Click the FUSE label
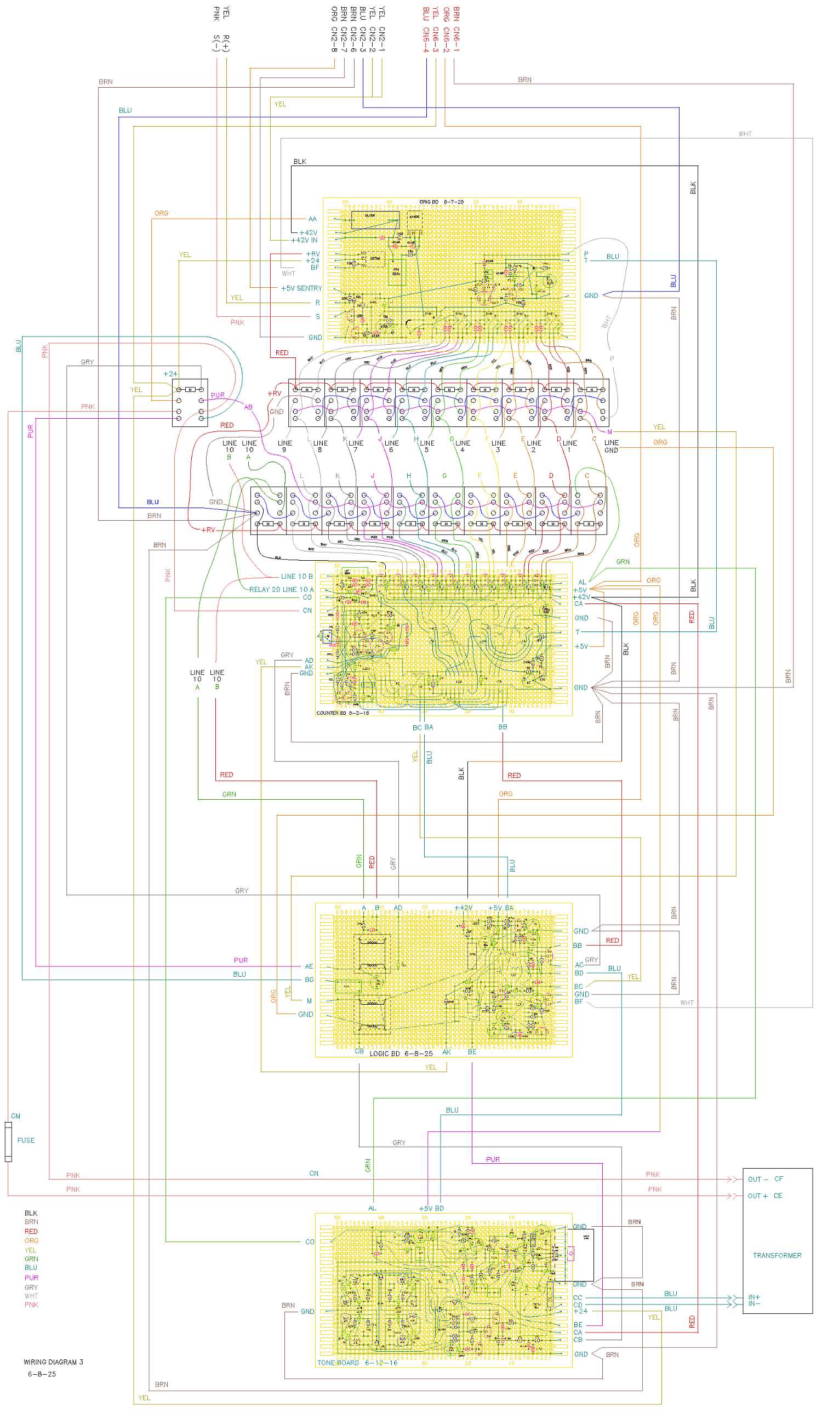click(x=26, y=1140)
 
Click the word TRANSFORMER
click(x=777, y=1255)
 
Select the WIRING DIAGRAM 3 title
click(x=53, y=1362)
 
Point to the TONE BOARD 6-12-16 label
click(x=357, y=1363)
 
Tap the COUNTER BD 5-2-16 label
click(x=342, y=713)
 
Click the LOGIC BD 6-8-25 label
click(x=401, y=1054)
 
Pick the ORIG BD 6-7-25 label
click(x=442, y=202)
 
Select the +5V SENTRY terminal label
click(x=301, y=288)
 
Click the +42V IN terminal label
click(x=304, y=240)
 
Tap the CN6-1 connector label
click(x=456, y=39)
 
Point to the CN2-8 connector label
click(x=334, y=39)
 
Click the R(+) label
click(x=226, y=43)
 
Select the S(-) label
click(x=216, y=43)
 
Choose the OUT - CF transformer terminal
click(x=765, y=1179)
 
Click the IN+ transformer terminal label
click(x=754, y=1297)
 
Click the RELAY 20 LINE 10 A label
click(x=281, y=589)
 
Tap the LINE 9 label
click(x=284, y=446)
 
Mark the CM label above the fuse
click(x=16, y=1116)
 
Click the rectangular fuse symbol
click(x=8, y=1141)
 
